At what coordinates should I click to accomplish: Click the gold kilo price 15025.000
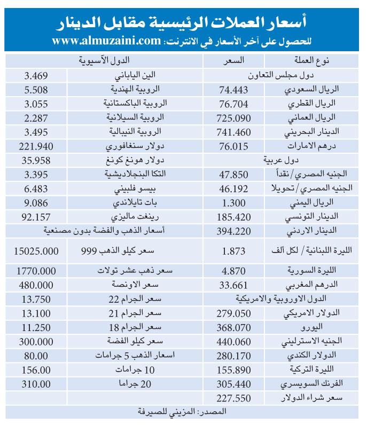click(37, 249)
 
